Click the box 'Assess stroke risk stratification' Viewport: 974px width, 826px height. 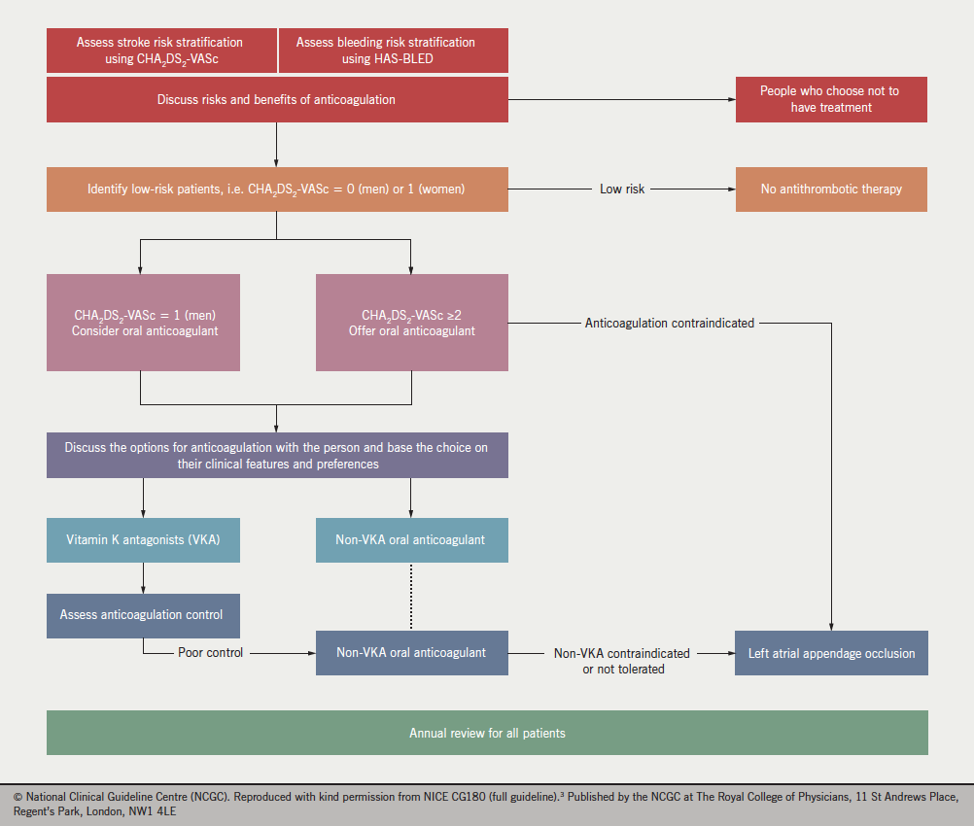(x=160, y=51)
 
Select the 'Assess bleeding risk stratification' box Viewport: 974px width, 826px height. (x=393, y=51)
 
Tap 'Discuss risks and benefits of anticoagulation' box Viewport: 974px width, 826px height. (x=277, y=99)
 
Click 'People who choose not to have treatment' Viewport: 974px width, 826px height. (x=830, y=99)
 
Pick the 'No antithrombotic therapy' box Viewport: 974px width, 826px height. (x=830, y=189)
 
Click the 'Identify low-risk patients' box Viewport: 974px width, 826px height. (x=277, y=189)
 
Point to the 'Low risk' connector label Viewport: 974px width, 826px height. (x=622, y=189)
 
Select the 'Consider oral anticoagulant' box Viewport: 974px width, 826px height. (x=143, y=323)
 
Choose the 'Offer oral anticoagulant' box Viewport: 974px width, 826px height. (x=411, y=323)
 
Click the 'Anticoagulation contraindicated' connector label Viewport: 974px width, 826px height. (x=669, y=323)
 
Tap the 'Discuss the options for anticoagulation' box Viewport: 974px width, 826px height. (x=277, y=456)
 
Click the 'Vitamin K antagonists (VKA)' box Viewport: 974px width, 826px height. (x=143, y=539)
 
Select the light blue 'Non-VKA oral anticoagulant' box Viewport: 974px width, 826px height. (x=411, y=539)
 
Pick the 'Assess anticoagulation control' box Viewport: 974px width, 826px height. (x=143, y=615)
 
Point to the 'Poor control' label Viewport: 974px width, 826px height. (x=210, y=653)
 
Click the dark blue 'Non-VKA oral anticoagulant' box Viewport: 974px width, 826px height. (x=411, y=653)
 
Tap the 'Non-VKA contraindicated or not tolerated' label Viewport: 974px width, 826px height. (x=622, y=661)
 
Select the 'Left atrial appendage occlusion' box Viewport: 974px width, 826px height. (x=830, y=653)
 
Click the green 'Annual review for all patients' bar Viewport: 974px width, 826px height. (x=487, y=733)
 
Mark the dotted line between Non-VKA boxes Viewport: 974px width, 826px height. (x=411, y=597)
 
